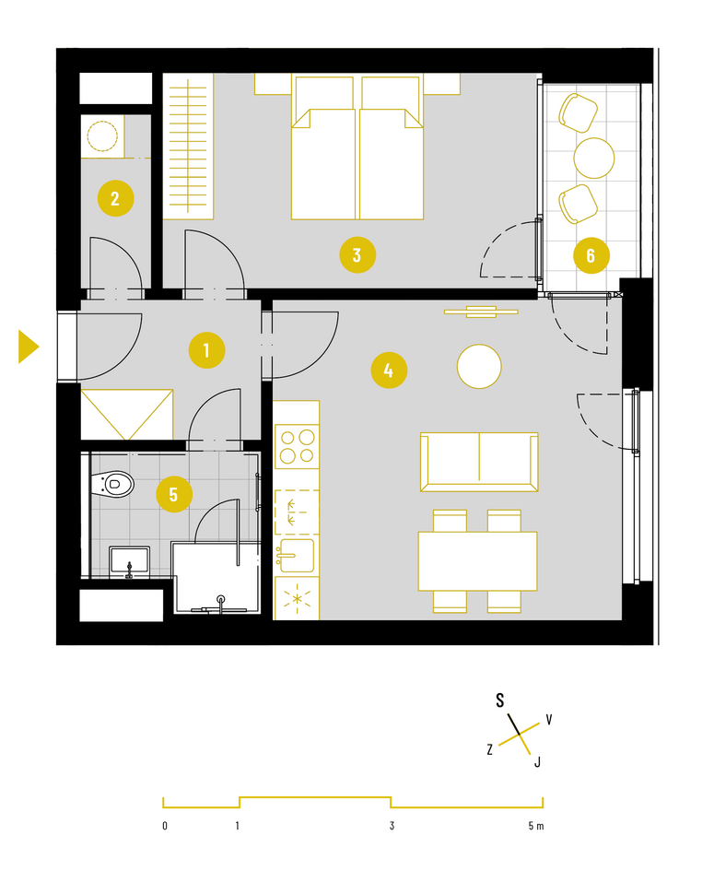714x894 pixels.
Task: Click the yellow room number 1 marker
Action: [x=207, y=350]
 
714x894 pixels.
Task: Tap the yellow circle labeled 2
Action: [x=116, y=198]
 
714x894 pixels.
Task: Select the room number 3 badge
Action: [x=357, y=255]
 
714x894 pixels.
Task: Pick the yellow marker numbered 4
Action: [x=389, y=370]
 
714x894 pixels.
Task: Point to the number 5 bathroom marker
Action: [x=174, y=494]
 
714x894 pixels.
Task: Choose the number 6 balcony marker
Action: [x=591, y=255]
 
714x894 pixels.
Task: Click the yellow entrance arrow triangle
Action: [x=29, y=347]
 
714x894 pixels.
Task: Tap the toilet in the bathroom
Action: [x=112, y=485]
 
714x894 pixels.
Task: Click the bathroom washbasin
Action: [x=129, y=561]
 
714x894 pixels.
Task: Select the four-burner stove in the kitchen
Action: [x=297, y=446]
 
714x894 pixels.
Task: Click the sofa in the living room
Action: [x=479, y=462]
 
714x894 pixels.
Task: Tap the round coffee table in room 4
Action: [x=479, y=367]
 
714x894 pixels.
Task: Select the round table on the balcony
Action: [x=593, y=158]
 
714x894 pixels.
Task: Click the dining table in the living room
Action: [x=477, y=561]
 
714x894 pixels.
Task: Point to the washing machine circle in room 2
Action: [x=102, y=136]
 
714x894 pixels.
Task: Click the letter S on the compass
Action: [x=499, y=700]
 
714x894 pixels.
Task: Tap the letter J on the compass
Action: [x=537, y=761]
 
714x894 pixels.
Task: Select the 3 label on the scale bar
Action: [x=392, y=826]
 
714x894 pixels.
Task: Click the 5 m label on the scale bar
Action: [x=536, y=826]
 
